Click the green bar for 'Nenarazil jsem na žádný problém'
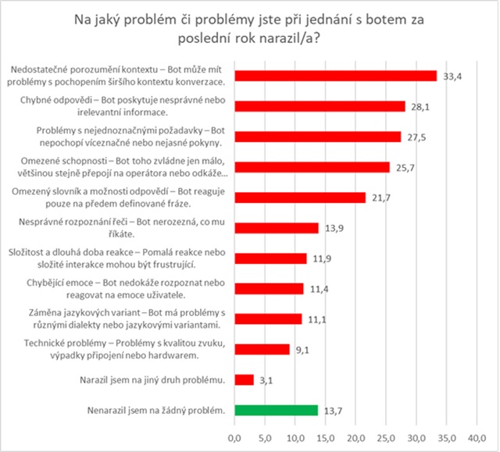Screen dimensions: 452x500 (x=276, y=409)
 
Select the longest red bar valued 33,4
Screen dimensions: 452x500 (x=335, y=76)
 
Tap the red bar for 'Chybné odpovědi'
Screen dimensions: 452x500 (x=320, y=106)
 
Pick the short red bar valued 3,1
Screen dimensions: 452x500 (x=244, y=379)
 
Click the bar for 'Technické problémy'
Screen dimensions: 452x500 (x=262, y=349)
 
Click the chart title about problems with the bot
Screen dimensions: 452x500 (x=249, y=28)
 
